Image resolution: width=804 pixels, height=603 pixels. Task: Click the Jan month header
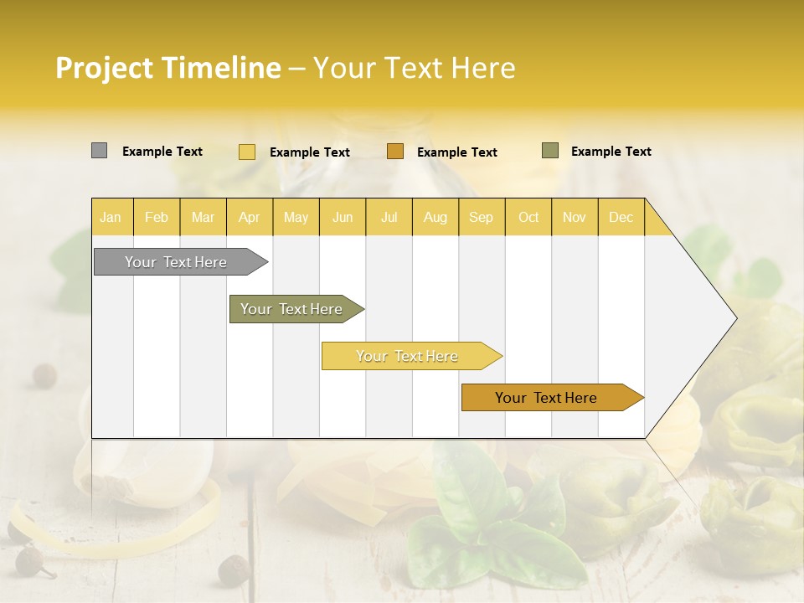111,217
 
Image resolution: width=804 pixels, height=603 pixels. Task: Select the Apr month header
249,217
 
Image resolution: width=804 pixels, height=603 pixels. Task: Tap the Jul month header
389,217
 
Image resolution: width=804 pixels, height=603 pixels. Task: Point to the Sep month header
481,217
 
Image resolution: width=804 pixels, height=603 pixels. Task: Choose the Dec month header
621,217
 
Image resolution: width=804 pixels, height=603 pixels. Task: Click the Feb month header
157,217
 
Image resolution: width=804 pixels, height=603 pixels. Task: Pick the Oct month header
528,217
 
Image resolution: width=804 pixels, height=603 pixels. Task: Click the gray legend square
100,151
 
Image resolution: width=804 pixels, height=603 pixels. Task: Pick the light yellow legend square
247,152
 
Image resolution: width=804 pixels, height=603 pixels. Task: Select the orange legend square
395,152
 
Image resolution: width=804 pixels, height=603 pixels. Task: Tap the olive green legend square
550,151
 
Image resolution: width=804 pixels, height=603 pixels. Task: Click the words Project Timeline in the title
168,68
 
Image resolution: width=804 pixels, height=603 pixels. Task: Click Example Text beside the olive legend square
611,152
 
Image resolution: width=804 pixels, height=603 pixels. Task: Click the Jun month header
343,217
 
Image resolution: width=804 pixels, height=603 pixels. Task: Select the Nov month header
575,217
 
